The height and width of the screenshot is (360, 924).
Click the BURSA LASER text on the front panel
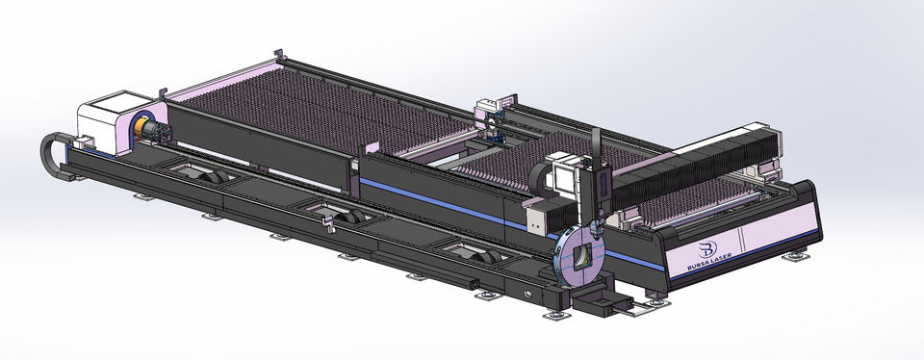pyautogui.click(x=709, y=262)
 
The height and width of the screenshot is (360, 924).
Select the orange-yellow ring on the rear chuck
pyautogui.click(x=140, y=129)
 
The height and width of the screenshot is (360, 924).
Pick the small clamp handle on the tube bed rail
pyautogui.click(x=327, y=222)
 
